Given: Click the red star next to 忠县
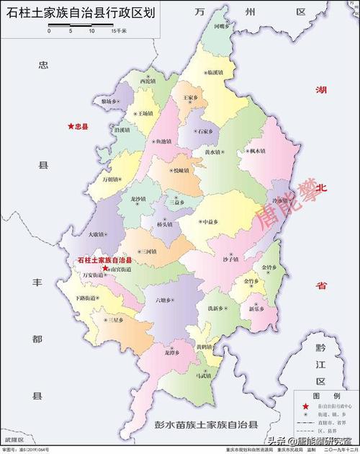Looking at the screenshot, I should coord(71,126).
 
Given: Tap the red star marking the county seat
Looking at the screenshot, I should coord(105,267).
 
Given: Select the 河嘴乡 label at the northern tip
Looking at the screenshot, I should coord(222,26).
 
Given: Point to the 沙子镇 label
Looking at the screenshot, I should coord(230,259).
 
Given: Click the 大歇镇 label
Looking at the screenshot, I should coord(97,233).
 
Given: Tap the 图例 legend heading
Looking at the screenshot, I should coord(325,396).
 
